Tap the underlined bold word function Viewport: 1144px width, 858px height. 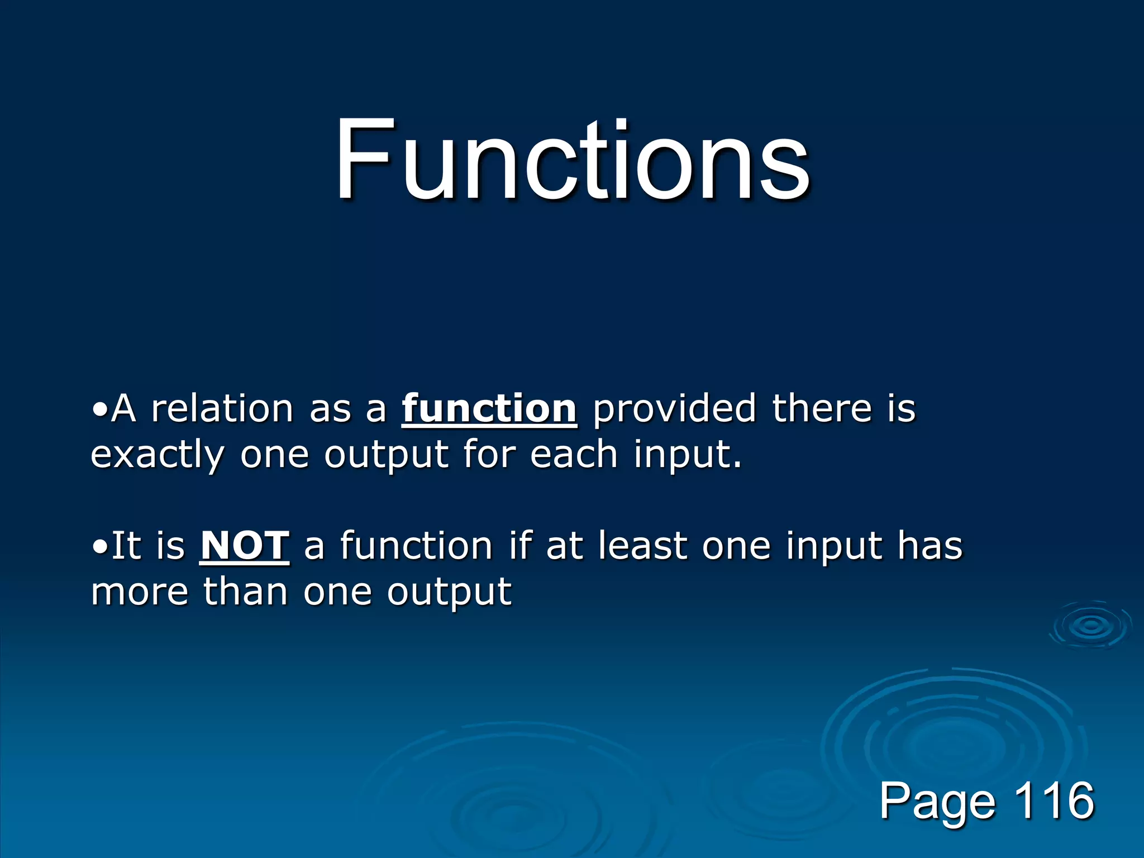489,409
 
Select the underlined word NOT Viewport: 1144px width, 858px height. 245,546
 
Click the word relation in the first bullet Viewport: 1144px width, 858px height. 222,409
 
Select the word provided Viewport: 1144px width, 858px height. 674,409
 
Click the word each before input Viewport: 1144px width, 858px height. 574,454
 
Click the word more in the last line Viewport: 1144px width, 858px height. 140,592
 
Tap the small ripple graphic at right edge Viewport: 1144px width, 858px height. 1091,626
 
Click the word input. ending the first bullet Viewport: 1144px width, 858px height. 688,455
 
